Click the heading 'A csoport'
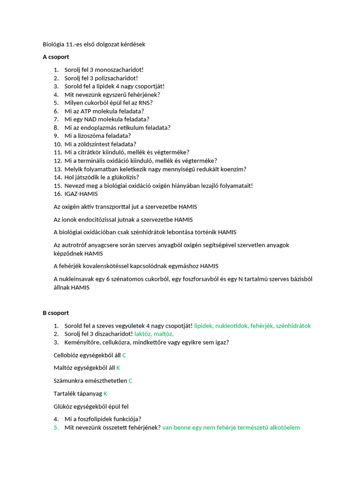point(56,57)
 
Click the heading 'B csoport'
point(56,313)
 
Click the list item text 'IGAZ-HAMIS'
point(81,194)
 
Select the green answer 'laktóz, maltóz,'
point(154,334)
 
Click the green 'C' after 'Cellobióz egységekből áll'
point(124,355)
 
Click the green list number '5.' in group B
point(56,427)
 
